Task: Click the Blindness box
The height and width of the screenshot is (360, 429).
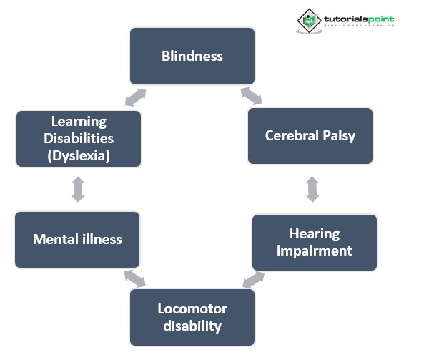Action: pos(192,56)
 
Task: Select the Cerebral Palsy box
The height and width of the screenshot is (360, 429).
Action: pos(310,136)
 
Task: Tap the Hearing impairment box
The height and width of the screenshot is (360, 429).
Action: pos(315,242)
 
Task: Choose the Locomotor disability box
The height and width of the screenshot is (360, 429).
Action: pos(192,317)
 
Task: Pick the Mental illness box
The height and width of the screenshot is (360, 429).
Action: pos(77,239)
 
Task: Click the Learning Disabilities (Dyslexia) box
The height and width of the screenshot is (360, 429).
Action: pos(79,138)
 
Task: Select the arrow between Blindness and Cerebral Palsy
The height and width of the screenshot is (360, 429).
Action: pos(251,95)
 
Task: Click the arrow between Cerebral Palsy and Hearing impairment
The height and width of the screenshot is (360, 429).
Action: pos(312,189)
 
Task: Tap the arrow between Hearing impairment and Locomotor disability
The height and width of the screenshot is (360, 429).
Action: pos(253,279)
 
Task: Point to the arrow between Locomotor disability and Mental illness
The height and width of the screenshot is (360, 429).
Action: pos(134,278)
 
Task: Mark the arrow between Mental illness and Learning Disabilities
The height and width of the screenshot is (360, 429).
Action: pos(78,189)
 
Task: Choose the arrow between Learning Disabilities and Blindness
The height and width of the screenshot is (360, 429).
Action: pos(134,97)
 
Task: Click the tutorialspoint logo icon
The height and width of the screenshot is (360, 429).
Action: pos(310,21)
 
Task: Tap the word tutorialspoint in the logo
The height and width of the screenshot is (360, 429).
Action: pos(359,19)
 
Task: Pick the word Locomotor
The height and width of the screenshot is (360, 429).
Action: pos(192,309)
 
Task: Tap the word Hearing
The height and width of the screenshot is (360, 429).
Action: pos(315,234)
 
